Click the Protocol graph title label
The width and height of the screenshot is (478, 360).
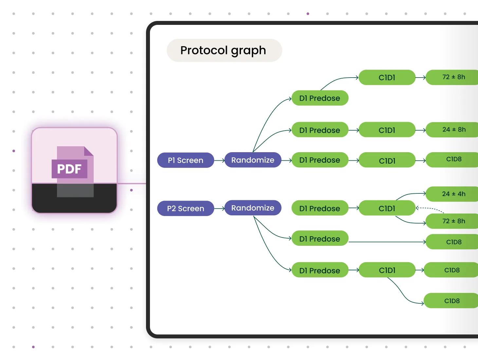point(223,50)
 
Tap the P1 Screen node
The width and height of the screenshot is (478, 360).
point(186,160)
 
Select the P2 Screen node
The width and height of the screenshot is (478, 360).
point(186,208)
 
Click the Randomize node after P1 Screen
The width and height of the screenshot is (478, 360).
point(253,160)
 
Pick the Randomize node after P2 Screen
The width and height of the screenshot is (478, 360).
point(253,208)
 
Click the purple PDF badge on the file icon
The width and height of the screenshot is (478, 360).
point(69,169)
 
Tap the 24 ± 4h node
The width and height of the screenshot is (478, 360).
point(453,194)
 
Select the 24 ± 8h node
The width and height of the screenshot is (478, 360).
point(453,130)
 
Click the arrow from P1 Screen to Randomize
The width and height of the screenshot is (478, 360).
point(219,160)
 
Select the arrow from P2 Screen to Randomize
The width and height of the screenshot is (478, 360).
point(219,208)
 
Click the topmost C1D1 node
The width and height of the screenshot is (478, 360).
point(387,78)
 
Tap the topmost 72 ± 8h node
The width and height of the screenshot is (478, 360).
point(453,77)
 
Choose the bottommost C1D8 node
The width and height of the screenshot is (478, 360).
point(452,301)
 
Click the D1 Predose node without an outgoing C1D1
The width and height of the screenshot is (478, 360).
point(320,239)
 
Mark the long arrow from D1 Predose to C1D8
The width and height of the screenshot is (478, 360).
point(386,242)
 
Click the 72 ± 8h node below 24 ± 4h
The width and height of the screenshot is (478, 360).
point(453,221)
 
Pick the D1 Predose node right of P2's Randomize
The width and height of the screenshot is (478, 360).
point(320,208)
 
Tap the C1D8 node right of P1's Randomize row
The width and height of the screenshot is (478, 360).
point(453,159)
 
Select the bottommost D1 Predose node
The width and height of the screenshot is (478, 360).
point(320,270)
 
